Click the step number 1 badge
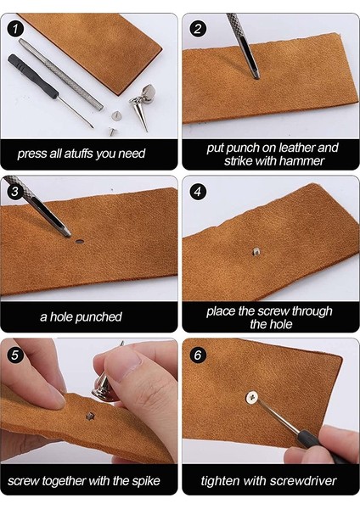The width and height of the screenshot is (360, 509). tap(14, 29)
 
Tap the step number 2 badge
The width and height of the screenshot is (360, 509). tap(198, 29)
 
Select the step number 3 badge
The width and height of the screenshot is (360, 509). tap(14, 191)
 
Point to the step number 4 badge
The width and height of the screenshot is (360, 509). tap(198, 192)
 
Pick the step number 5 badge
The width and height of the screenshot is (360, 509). tap(14, 355)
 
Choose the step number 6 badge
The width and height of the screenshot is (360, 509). tap(198, 355)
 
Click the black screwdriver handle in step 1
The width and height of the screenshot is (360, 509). tap(33, 76)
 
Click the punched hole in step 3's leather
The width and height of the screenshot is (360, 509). tap(80, 241)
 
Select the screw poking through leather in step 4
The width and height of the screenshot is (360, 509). tap(256, 251)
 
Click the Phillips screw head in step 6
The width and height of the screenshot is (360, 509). tap(251, 397)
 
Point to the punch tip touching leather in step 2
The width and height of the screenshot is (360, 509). tap(256, 77)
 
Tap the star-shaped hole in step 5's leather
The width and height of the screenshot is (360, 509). tap(90, 416)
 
